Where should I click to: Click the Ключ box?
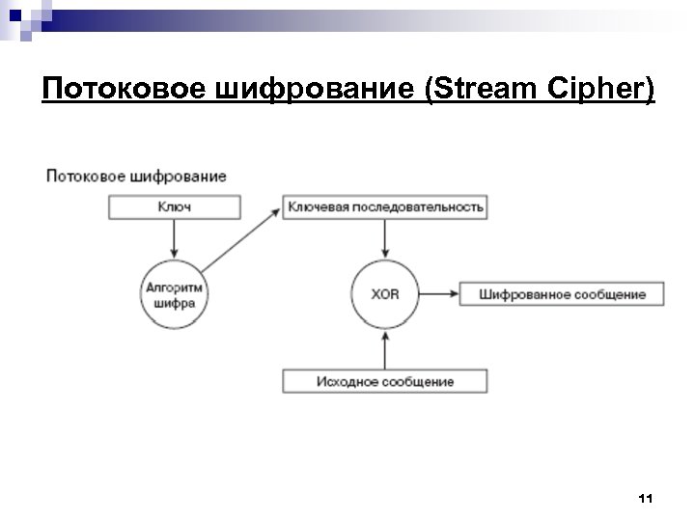pyautogui.click(x=173, y=207)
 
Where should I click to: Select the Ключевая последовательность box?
pyautogui.click(x=384, y=207)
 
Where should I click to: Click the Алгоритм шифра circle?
pyautogui.click(x=174, y=293)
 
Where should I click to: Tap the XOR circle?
pyautogui.click(x=384, y=293)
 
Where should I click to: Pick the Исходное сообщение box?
pyautogui.click(x=384, y=381)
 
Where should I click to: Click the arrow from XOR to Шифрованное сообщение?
pyautogui.click(x=439, y=293)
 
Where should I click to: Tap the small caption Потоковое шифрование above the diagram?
pyautogui.click(x=136, y=176)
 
